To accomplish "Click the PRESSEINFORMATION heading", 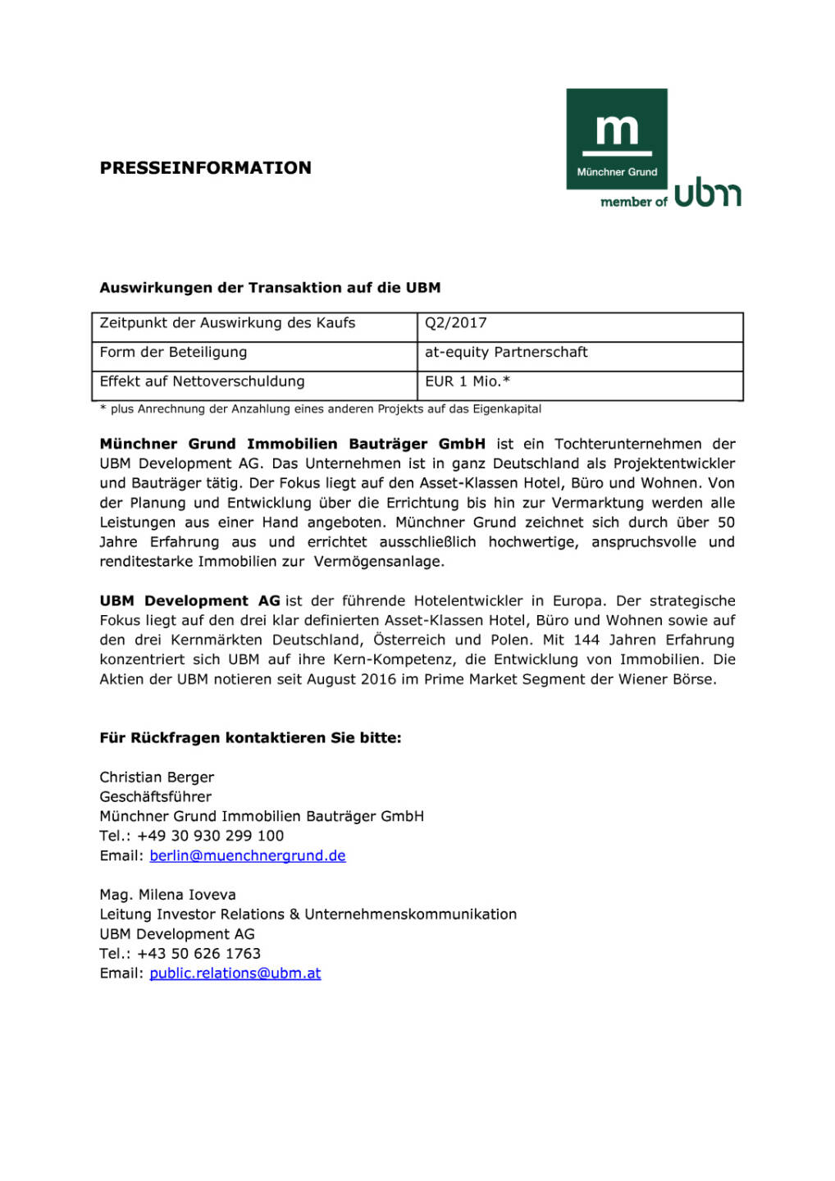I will click(205, 168).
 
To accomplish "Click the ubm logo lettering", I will click(708, 193).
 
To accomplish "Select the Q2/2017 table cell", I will click(456, 323).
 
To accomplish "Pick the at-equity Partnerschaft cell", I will click(506, 353).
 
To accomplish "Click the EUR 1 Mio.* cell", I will click(468, 381).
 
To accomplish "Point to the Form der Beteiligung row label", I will click(173, 353).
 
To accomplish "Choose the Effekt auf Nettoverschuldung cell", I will click(202, 381).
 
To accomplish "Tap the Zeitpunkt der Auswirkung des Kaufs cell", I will click(227, 323).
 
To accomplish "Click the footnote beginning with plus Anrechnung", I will click(321, 409).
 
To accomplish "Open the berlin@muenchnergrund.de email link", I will click(247, 856).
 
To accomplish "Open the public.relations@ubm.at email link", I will click(235, 974).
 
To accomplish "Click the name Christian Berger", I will click(157, 777).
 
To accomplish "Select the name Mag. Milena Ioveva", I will click(167, 895).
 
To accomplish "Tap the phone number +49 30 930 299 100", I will click(210, 837).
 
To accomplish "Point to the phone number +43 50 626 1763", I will click(198, 954).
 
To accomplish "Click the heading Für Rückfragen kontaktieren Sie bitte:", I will click(250, 738).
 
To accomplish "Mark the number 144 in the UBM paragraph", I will click(586, 640).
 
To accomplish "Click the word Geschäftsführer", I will click(155, 797).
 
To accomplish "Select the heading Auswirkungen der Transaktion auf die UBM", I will click(270, 288).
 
